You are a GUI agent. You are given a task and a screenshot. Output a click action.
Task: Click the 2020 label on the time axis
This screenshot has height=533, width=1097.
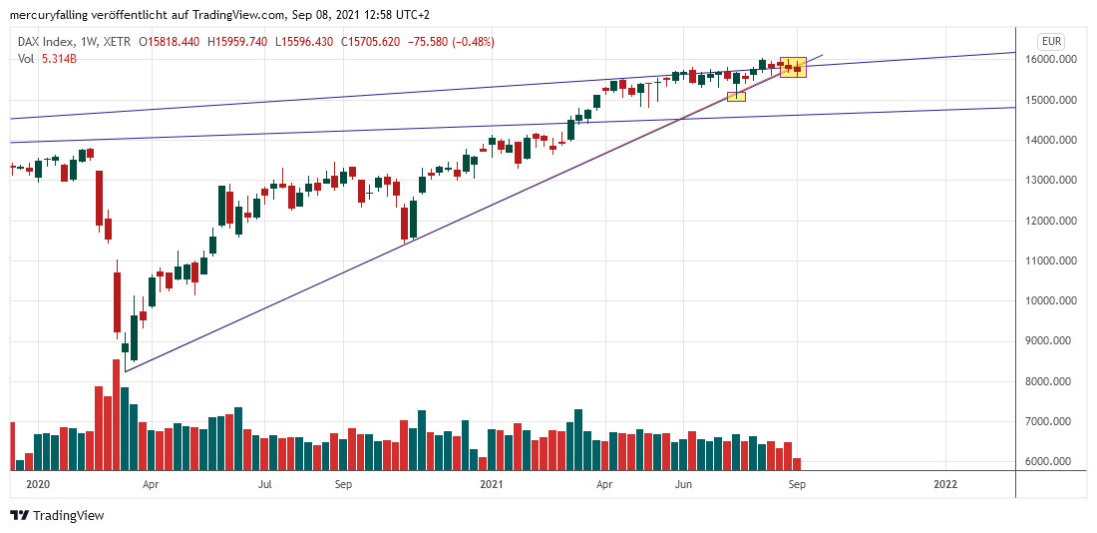(37, 484)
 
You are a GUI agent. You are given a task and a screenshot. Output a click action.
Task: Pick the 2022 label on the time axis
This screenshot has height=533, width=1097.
(944, 484)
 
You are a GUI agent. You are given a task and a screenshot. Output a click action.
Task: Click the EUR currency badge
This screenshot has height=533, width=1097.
(1051, 41)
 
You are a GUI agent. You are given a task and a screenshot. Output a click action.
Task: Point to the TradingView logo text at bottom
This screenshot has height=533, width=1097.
(68, 516)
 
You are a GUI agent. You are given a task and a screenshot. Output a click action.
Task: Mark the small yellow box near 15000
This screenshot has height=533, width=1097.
(737, 96)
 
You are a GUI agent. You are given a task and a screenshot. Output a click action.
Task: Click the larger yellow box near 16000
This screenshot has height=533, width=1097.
(793, 67)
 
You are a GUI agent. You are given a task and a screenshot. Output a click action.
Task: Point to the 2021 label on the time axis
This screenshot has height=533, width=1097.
(491, 484)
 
